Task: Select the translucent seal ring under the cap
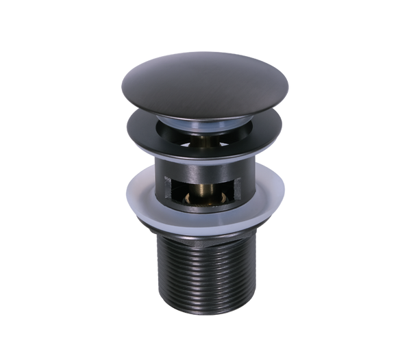(x=206, y=122)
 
